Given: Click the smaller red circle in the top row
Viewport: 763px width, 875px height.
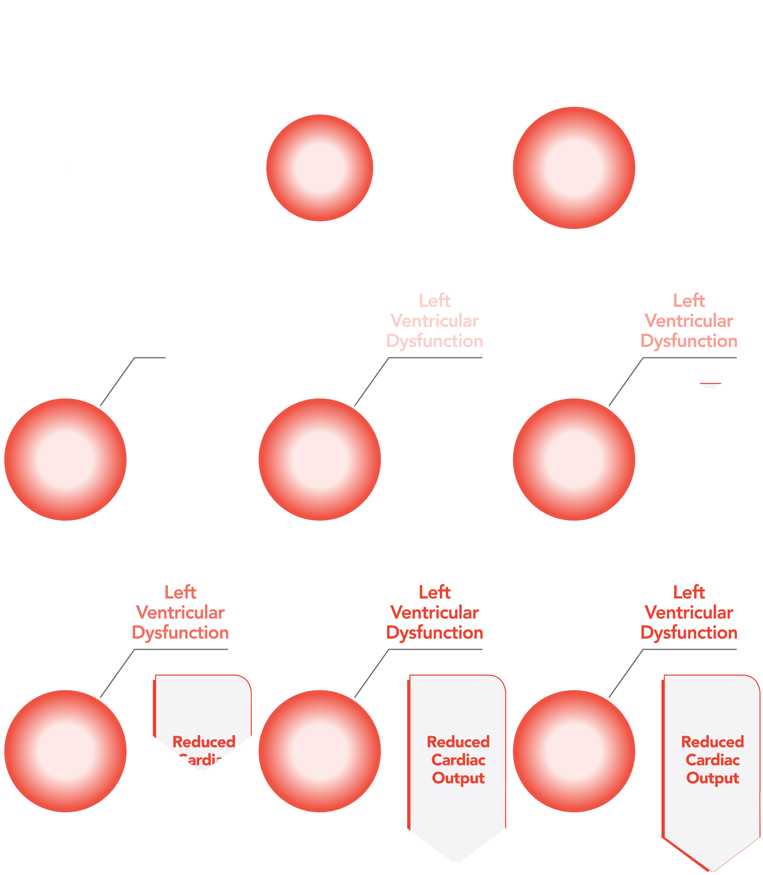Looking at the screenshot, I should point(319,168).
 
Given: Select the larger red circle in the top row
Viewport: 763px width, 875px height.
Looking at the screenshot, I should point(573,168).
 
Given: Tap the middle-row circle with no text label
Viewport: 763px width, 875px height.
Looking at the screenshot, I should point(66,459).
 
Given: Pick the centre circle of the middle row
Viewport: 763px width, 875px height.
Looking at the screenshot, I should point(319,459).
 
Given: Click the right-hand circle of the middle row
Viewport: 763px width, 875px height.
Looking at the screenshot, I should point(573,459).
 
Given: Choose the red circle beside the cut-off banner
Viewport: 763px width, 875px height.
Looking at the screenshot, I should point(66,751).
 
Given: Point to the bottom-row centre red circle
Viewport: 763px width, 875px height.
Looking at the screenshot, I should point(319,751).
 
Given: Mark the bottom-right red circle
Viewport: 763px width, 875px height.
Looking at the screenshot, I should point(573,751).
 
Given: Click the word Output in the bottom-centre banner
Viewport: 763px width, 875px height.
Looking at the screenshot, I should point(458,778).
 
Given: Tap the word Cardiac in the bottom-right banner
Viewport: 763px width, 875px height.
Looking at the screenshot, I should point(712,760).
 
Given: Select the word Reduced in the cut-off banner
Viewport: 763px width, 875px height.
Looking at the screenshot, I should point(203,742).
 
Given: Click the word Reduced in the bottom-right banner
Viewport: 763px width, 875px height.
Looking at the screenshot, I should point(712,742).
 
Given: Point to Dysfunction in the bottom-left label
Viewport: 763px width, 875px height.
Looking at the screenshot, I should point(180,633).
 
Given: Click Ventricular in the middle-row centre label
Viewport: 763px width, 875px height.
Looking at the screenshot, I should point(434,321).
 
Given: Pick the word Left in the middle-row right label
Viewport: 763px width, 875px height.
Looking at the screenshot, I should point(689,301).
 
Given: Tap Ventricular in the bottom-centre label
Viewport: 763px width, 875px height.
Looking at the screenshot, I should point(434,612).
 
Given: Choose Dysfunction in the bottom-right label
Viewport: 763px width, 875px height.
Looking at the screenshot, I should point(689,633).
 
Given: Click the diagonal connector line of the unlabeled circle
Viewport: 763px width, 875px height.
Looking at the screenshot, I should point(117,381).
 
